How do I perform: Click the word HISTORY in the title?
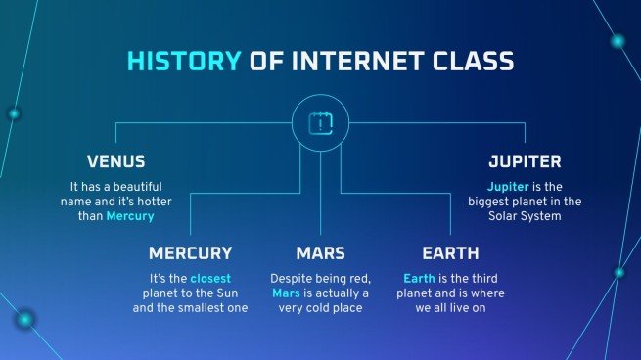click(183, 63)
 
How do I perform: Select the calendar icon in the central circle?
click(320, 123)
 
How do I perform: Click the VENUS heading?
click(115, 161)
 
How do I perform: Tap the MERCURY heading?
click(190, 253)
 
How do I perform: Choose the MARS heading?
click(320, 253)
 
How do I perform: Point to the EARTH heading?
click(450, 253)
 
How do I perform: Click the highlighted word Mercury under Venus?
click(130, 216)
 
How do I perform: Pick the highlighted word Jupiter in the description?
click(510, 186)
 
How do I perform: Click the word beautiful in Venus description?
click(131, 186)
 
